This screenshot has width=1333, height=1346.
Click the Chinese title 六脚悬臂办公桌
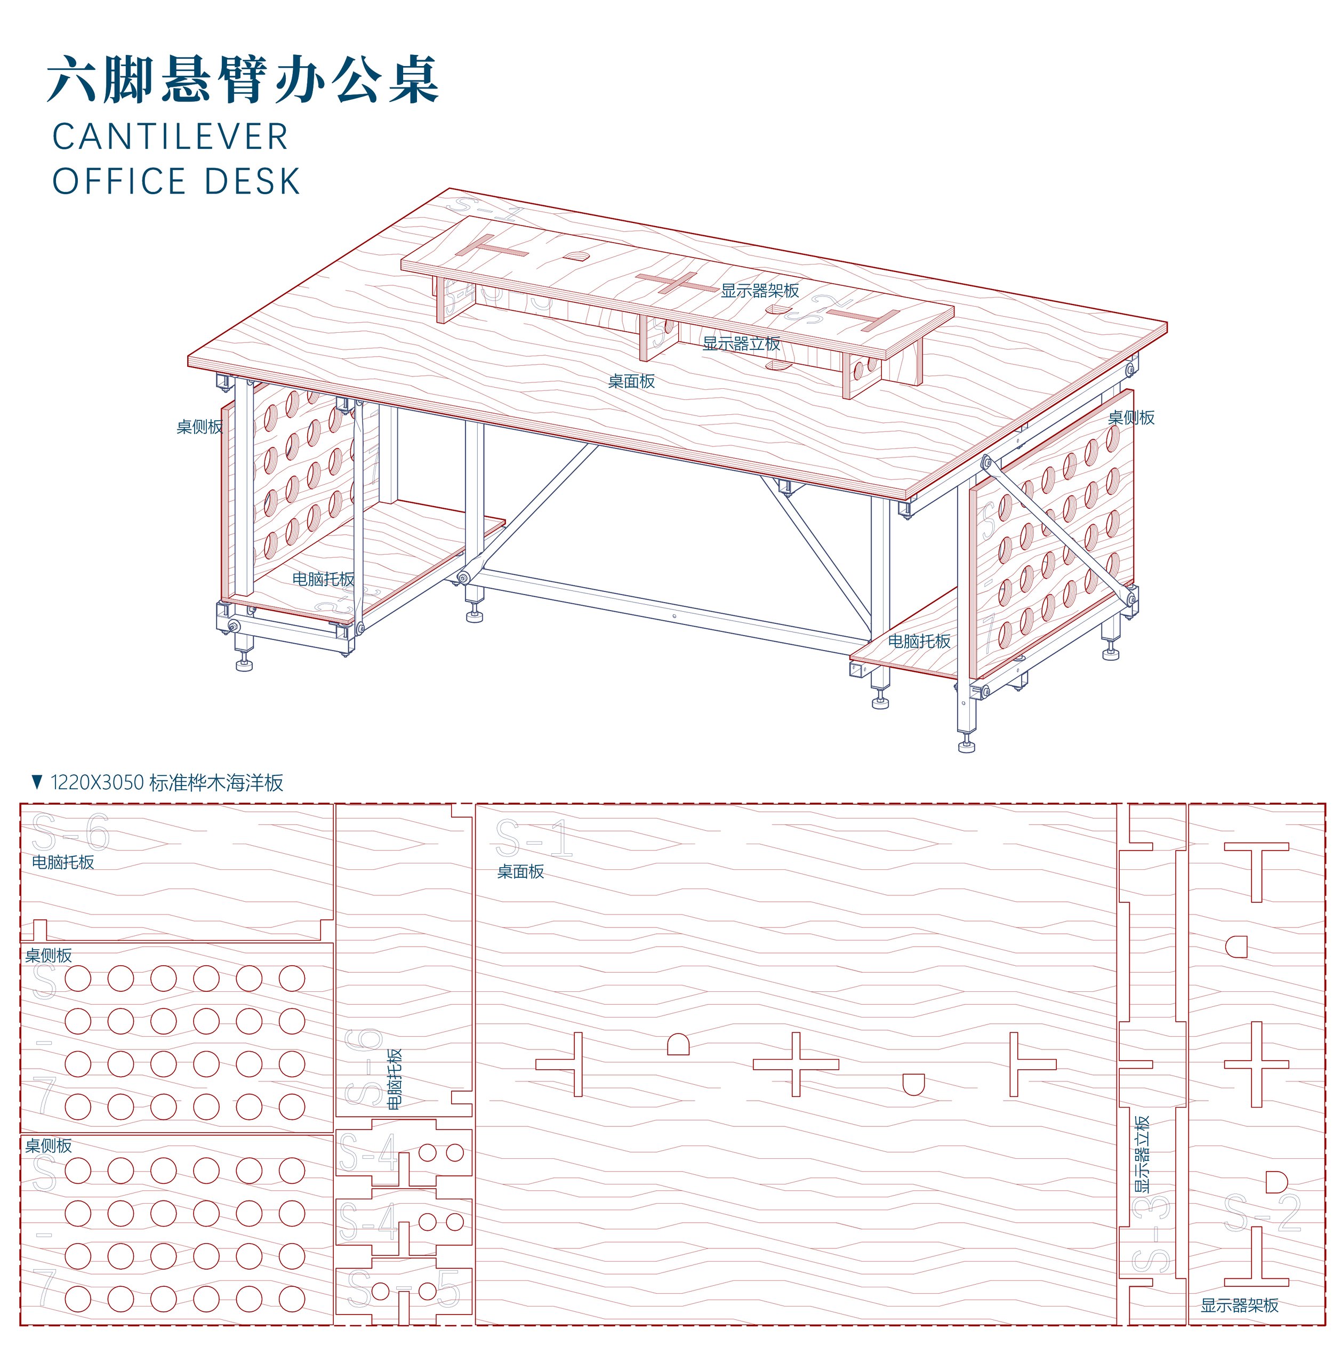243,80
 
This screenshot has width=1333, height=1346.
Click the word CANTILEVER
170,137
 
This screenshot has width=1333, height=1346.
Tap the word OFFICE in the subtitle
118,181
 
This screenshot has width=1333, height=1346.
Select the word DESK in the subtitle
252,181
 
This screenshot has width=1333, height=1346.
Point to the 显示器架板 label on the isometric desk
759,291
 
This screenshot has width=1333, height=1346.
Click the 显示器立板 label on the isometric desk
741,343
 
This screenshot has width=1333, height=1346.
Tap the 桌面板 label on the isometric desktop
631,381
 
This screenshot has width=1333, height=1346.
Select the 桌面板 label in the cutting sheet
520,871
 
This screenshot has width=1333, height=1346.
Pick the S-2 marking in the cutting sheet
1262,1213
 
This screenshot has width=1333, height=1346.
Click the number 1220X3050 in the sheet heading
97,783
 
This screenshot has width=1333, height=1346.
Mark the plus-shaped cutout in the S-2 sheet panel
1256,1064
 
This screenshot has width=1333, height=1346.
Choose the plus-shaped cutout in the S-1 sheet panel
796,1064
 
